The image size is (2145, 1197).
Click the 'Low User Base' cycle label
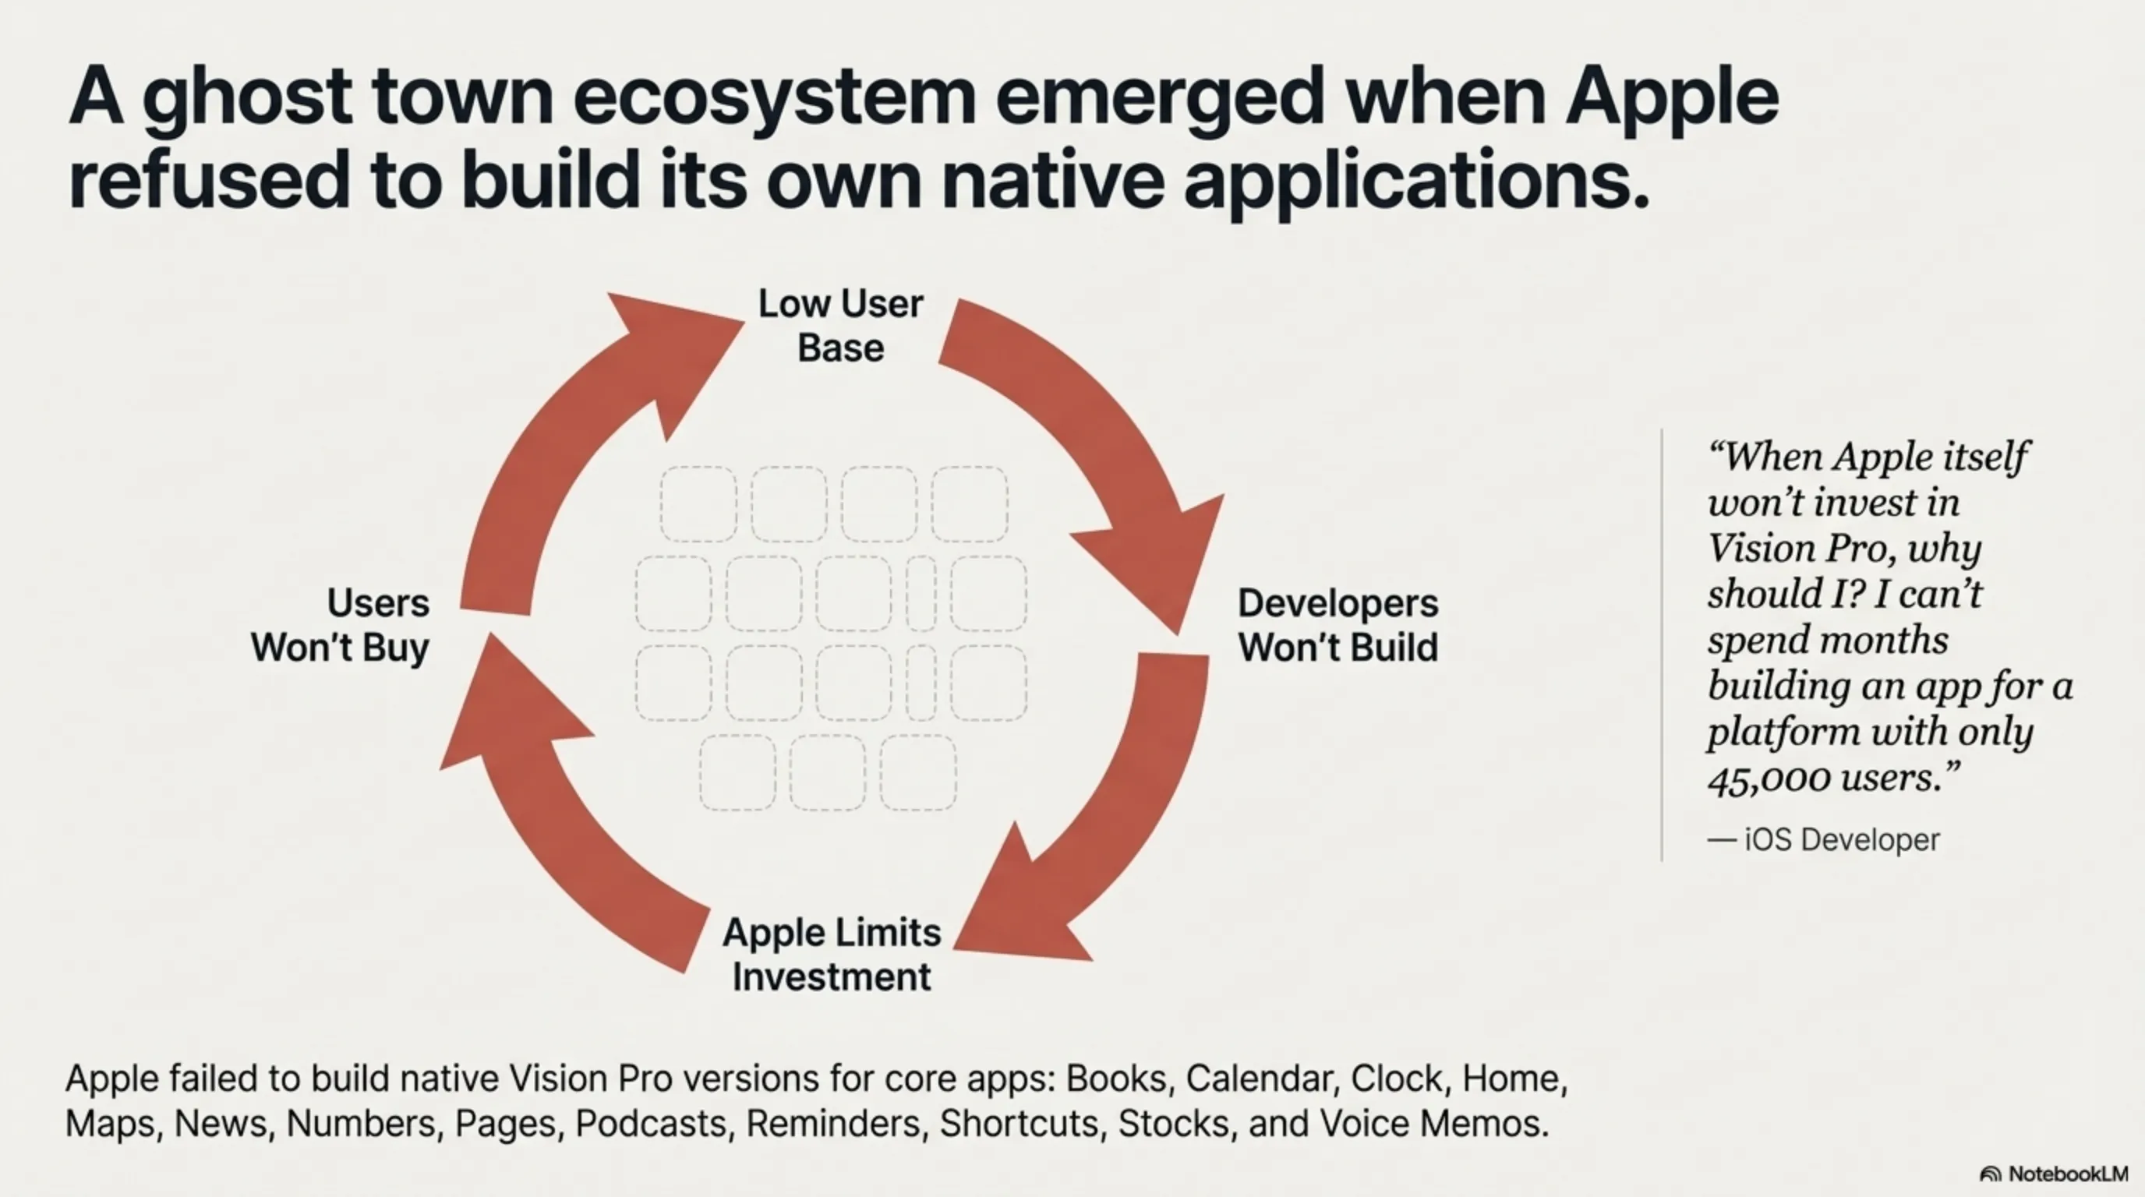point(840,326)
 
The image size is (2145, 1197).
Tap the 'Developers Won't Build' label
point(1338,625)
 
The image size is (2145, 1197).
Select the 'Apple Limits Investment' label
point(832,955)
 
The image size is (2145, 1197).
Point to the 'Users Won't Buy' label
point(341,625)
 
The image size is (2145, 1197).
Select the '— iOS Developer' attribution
point(1824,839)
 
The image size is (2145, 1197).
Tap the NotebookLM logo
point(2053,1174)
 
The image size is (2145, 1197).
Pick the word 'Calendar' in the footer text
point(1258,1079)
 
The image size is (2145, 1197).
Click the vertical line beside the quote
point(1662,645)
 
